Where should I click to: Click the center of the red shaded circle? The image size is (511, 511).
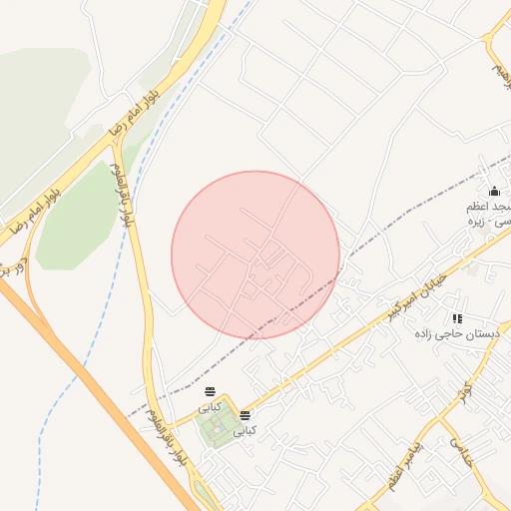click(255, 255)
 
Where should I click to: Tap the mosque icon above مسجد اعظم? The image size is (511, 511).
click(493, 191)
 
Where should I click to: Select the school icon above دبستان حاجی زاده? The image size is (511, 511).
click(457, 318)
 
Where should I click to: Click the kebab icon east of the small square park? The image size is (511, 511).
click(245, 413)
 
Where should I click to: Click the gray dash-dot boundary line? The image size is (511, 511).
click(399, 230)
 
